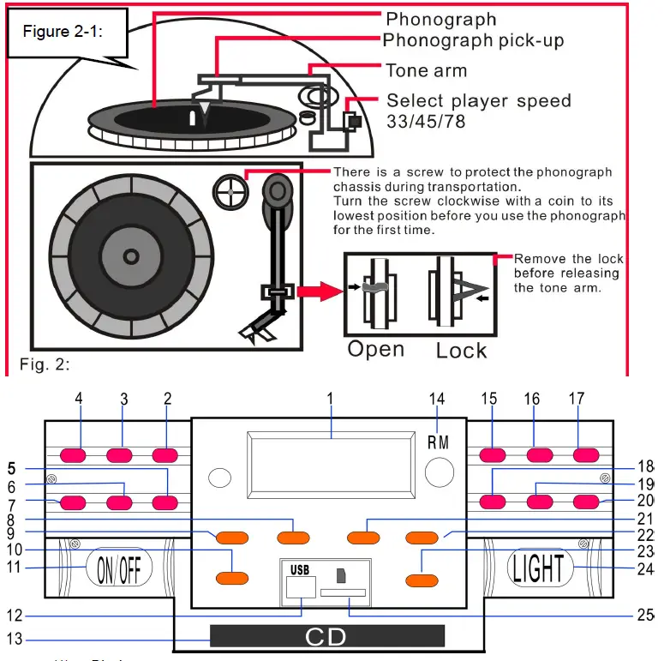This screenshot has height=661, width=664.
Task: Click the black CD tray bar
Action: [326, 636]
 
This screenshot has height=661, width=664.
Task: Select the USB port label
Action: [298, 568]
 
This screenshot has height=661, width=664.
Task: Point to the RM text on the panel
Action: [438, 442]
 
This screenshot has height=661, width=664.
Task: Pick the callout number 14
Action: [438, 399]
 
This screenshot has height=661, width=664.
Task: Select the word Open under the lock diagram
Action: [375, 349]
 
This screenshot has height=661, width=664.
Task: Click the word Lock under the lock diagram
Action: [461, 350]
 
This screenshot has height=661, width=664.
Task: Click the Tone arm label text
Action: [426, 70]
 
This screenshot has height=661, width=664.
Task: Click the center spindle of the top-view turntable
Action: [129, 256]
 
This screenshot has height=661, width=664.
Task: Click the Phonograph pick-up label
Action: [473, 40]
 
